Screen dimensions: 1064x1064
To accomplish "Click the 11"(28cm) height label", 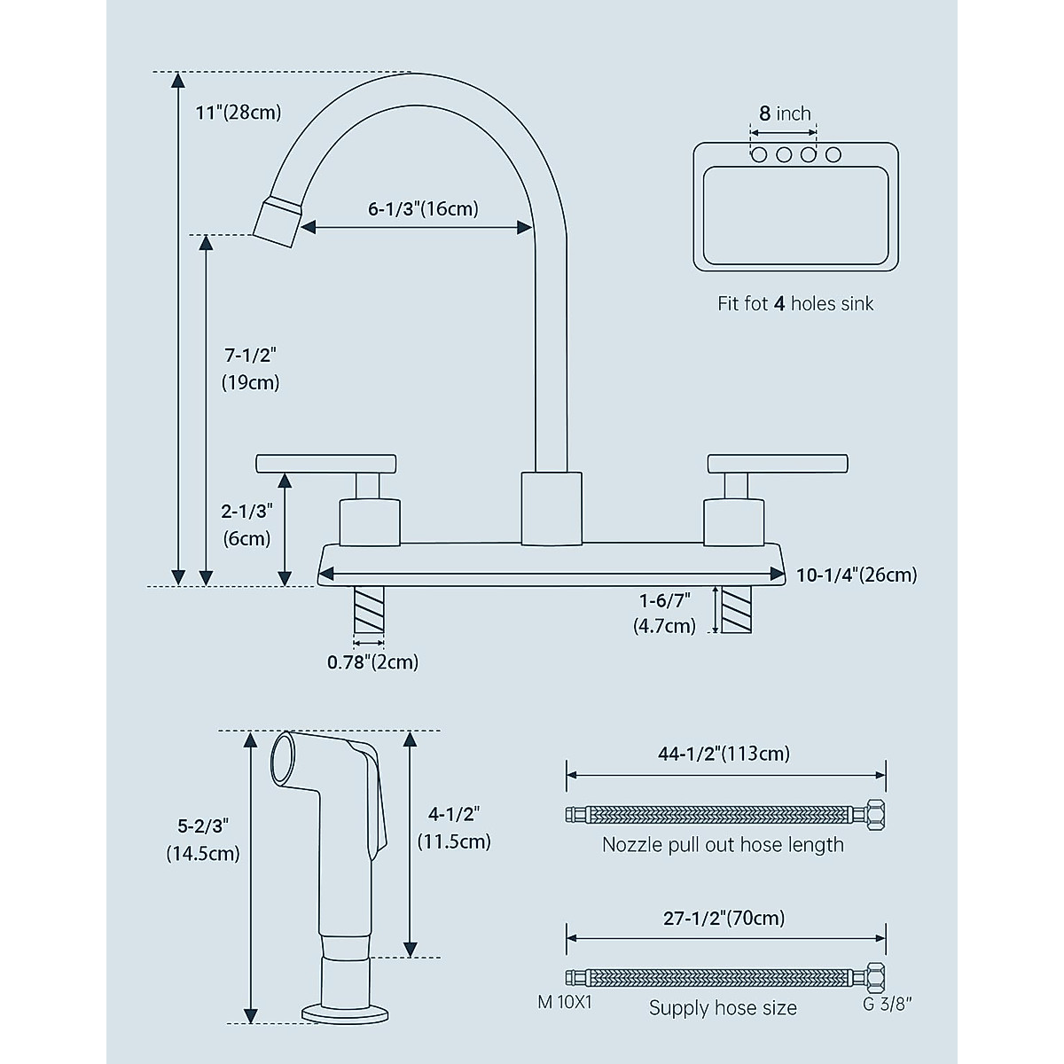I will pyautogui.click(x=238, y=113).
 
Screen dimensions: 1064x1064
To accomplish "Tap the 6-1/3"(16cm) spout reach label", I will pyautogui.click(x=423, y=209).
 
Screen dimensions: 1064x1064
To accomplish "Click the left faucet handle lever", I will pyautogui.click(x=325, y=463).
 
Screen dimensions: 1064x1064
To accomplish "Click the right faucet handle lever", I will pyautogui.click(x=778, y=463).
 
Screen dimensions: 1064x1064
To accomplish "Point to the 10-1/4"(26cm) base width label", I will pyautogui.click(x=856, y=575).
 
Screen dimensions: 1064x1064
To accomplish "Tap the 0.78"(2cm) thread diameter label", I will pyautogui.click(x=372, y=661).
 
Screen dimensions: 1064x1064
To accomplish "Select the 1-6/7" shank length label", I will pyautogui.click(x=664, y=600).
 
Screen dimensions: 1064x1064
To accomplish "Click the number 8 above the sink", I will pyautogui.click(x=764, y=113).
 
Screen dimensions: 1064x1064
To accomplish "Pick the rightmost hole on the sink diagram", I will pyautogui.click(x=833, y=155).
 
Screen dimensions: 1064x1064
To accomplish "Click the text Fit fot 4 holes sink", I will pyautogui.click(x=795, y=303).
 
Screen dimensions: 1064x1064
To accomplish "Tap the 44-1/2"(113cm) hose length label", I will pyautogui.click(x=724, y=754).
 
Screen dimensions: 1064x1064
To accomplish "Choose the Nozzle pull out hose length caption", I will pyautogui.click(x=723, y=844).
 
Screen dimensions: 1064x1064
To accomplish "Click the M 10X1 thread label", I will pyautogui.click(x=564, y=1002).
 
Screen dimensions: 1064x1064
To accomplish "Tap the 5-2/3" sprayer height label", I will pyautogui.click(x=203, y=825).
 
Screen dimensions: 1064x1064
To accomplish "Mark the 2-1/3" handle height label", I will pyautogui.click(x=246, y=512).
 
